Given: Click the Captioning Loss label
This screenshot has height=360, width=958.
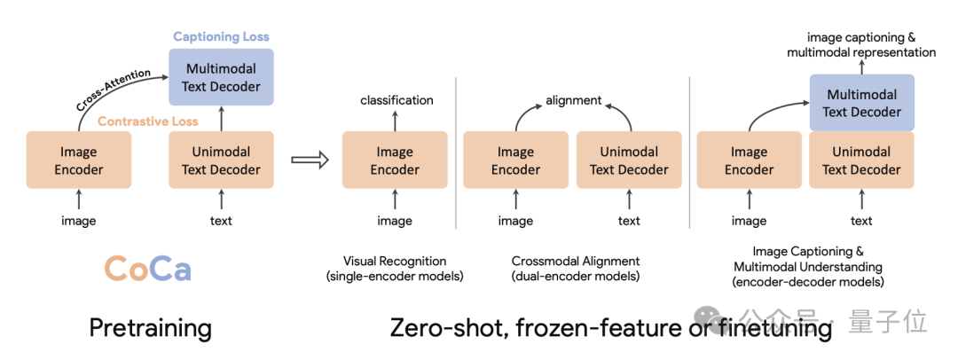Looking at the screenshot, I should pyautogui.click(x=221, y=36).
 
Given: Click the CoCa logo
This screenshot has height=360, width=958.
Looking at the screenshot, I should pyautogui.click(x=147, y=268).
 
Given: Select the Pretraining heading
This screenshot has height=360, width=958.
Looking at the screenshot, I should pyautogui.click(x=150, y=329).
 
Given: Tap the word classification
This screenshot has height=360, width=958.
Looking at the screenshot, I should pyautogui.click(x=397, y=100).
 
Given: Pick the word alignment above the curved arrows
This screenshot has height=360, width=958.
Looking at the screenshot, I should pyautogui.click(x=573, y=100).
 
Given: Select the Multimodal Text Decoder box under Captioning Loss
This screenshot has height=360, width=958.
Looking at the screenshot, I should pyautogui.click(x=221, y=77).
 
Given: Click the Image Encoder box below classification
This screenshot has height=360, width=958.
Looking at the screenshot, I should pyautogui.click(x=395, y=160).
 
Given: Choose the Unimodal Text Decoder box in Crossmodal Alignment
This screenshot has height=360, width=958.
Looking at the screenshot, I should pyautogui.click(x=629, y=160).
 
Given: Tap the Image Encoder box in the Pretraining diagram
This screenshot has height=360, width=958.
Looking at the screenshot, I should pyautogui.click(x=79, y=160).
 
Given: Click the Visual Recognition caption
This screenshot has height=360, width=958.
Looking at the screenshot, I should pyautogui.click(x=395, y=261).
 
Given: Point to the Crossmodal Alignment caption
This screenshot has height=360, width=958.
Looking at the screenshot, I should pyautogui.click(x=575, y=261).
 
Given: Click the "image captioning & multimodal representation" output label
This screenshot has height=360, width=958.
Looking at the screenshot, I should pyautogui.click(x=860, y=45).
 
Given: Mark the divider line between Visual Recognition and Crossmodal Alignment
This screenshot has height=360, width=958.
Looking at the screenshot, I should pyautogui.click(x=456, y=177).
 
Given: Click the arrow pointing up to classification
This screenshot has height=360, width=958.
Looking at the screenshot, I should pyautogui.click(x=395, y=120).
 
